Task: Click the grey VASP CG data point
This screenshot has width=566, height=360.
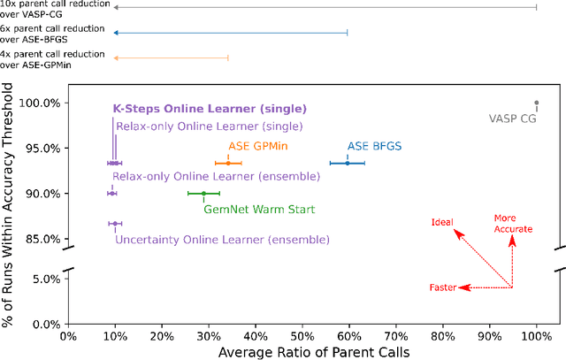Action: (536, 103)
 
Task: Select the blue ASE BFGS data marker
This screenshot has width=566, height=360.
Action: (348, 163)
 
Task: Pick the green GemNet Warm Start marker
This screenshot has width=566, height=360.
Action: (203, 193)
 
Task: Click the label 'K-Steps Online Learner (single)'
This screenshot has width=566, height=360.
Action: (210, 109)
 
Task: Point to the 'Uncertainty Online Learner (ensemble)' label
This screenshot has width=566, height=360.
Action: (221, 240)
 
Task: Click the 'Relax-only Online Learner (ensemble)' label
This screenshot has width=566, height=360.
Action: (215, 177)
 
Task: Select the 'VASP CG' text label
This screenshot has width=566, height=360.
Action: (513, 118)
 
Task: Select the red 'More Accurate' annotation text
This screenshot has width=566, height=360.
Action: (513, 223)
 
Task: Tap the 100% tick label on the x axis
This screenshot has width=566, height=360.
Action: (536, 337)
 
